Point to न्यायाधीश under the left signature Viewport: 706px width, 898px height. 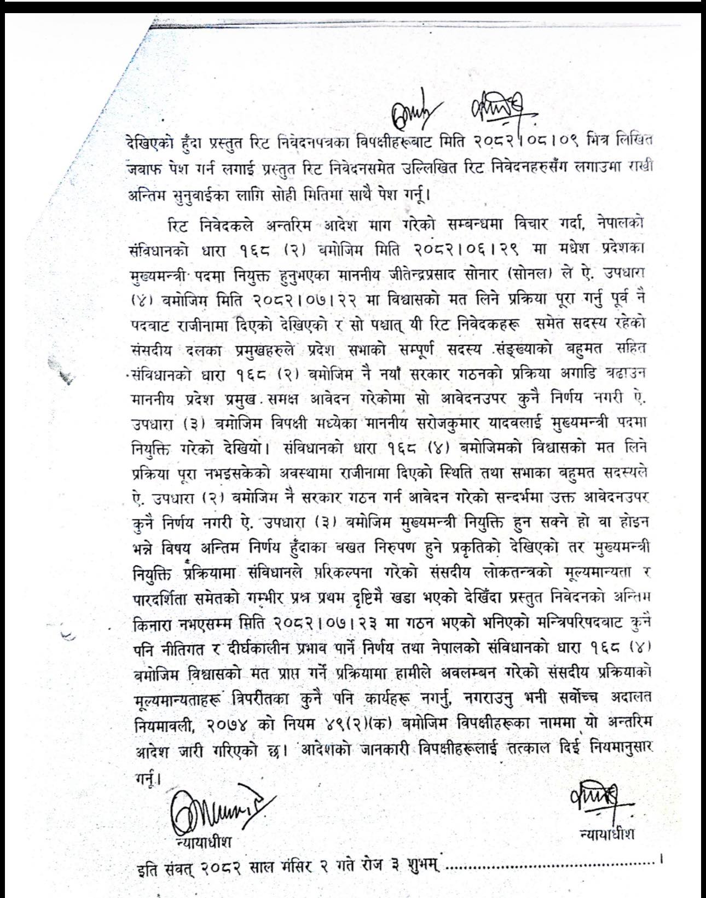point(202,839)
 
